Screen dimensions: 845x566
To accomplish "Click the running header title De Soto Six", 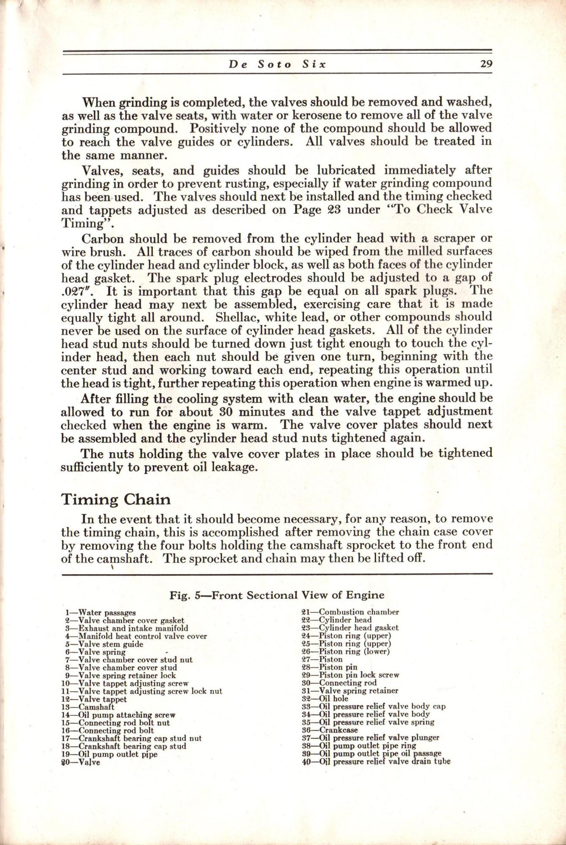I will pos(278,65).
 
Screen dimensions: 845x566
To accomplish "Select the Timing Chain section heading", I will pos(116,499).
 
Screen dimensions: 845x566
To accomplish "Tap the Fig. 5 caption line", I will pos(277,595).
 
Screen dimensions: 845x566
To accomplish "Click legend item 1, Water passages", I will pos(100,612).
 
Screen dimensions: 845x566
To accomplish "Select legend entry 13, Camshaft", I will pos(88,707).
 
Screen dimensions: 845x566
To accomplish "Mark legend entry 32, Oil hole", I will pos(325,699).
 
